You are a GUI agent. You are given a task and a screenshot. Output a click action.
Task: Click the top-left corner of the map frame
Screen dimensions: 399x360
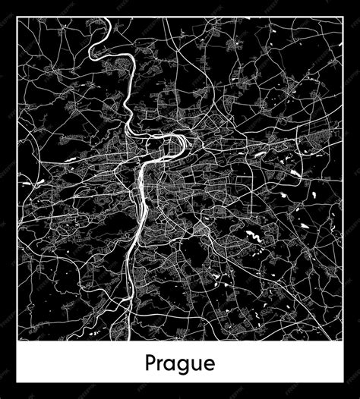18,19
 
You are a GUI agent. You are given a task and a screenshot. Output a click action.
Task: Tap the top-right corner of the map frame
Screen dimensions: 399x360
343,19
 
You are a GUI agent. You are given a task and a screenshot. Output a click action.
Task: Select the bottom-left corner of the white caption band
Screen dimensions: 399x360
18,379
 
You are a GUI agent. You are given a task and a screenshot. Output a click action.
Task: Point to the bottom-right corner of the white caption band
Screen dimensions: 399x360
343,379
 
